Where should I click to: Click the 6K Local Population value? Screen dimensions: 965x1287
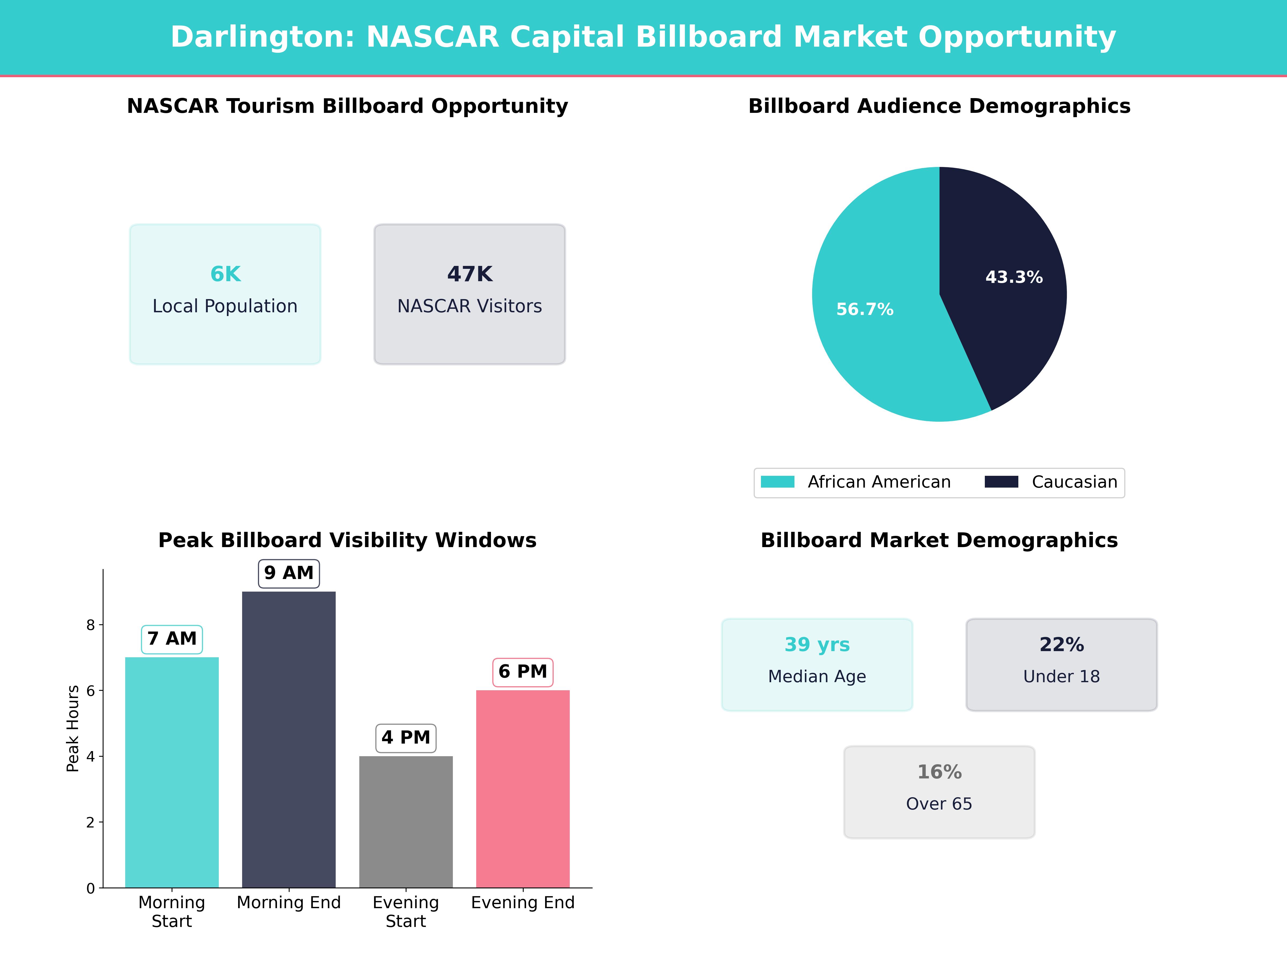(225, 274)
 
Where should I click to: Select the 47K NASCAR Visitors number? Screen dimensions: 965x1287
(469, 274)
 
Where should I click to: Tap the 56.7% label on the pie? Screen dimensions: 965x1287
(865, 309)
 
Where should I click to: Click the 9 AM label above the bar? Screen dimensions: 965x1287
(289, 573)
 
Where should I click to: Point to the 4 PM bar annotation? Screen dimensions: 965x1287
(405, 738)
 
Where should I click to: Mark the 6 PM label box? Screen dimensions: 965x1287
(523, 672)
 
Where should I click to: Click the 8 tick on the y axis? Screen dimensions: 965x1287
(90, 625)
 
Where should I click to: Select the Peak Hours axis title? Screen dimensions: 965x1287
(73, 728)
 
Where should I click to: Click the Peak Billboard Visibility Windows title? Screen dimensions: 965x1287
(347, 540)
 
